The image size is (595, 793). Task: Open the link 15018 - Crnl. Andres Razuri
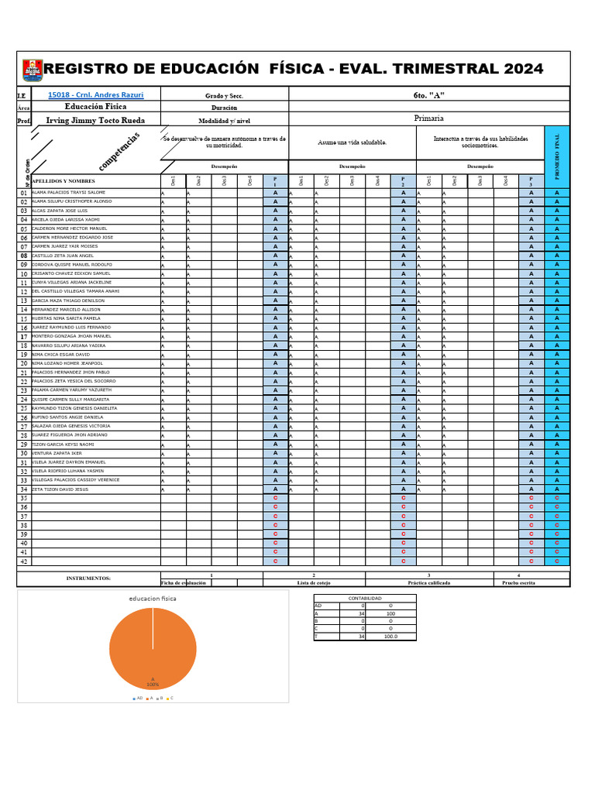point(95,95)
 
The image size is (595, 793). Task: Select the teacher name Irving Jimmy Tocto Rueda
point(95,120)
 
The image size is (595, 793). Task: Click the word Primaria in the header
point(429,118)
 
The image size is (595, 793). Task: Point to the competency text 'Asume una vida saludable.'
point(352,142)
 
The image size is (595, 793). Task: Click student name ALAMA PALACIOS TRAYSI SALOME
point(69,192)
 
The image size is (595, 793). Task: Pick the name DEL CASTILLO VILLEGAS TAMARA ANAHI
point(76,291)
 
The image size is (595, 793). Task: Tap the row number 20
point(23,363)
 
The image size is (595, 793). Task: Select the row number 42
point(23,561)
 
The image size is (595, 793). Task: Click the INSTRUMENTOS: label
point(88,578)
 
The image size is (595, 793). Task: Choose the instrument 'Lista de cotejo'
point(314,582)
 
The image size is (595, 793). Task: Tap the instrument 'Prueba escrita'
point(518,582)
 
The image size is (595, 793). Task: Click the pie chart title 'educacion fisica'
point(153,599)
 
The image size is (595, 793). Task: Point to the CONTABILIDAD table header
point(364,599)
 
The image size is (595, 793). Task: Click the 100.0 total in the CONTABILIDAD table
point(390,636)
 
